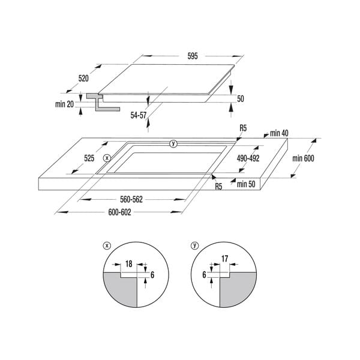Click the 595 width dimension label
[x=193, y=56]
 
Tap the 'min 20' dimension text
[x=64, y=104]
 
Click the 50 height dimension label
[x=240, y=98]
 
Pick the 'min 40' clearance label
[x=279, y=133]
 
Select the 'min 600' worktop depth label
[x=304, y=158]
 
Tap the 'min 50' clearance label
[x=246, y=184]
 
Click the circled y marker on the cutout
[x=173, y=143]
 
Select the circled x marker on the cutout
[x=107, y=158]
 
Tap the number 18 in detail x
[x=129, y=263]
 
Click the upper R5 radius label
[x=243, y=128]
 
